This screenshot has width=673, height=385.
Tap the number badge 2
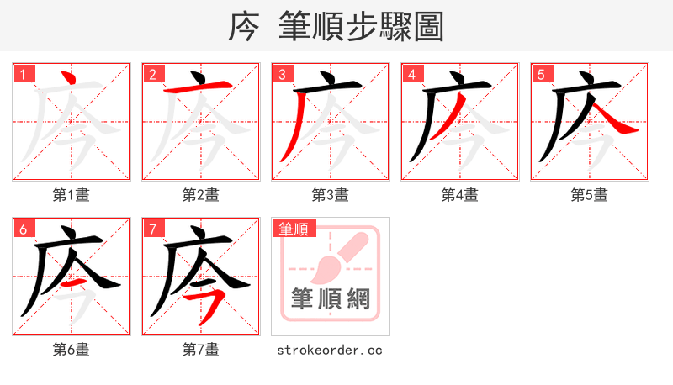tap(153, 74)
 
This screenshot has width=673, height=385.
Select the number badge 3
tap(283, 74)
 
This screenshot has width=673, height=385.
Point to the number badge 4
tap(412, 74)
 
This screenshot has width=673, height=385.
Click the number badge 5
tap(542, 74)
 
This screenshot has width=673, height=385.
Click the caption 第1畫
tap(72, 195)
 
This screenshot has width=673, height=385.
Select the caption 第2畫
tap(201, 195)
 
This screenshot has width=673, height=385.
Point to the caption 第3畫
tap(331, 195)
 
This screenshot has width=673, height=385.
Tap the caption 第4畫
tap(460, 195)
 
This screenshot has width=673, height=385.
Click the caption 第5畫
tap(589, 195)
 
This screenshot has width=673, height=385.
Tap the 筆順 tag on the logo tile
tap(294, 229)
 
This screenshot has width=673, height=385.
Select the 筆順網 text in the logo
tap(331, 298)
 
